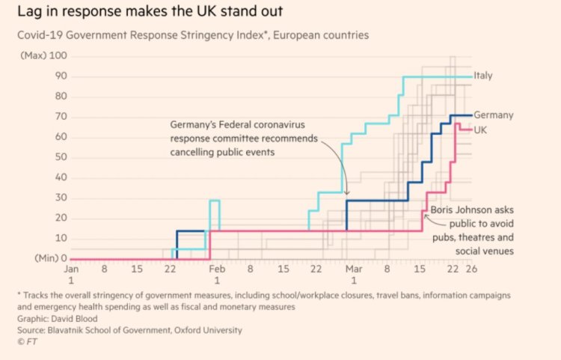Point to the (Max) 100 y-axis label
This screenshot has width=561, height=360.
[x=46, y=56]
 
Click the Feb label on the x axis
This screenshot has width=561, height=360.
[x=216, y=268]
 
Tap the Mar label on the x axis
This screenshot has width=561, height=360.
[x=354, y=268]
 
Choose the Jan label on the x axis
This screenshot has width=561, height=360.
[x=72, y=268]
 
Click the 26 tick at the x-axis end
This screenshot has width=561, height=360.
[x=471, y=268]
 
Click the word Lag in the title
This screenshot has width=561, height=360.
[x=28, y=13]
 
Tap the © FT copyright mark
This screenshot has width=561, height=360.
[x=26, y=341]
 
